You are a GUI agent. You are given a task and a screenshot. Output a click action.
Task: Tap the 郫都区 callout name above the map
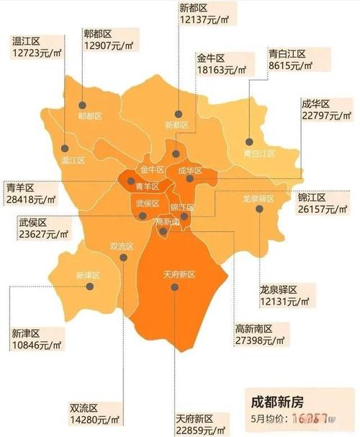click(98, 33)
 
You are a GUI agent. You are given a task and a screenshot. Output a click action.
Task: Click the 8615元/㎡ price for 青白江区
click(290, 66)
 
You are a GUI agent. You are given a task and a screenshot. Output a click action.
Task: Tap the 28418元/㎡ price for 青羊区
click(30, 199)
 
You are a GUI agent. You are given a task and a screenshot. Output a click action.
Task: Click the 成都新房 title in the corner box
click(272, 401)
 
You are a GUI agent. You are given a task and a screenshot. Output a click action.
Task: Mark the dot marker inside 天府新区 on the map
click(175, 287)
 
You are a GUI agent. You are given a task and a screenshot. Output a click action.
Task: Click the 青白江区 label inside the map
click(258, 153)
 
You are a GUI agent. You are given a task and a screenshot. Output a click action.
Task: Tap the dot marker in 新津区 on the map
click(91, 286)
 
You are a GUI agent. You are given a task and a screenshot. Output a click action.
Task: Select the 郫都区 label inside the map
click(90, 116)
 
